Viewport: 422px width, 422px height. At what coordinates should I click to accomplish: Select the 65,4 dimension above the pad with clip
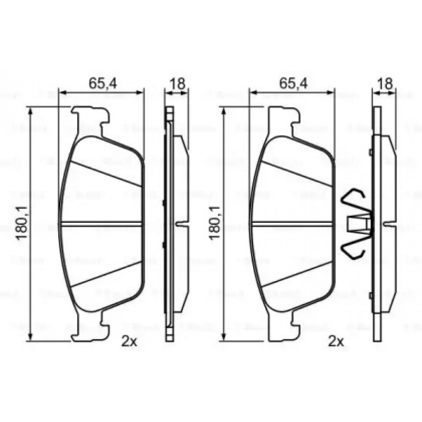[293, 82]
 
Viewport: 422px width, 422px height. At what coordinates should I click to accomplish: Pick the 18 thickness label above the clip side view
[384, 82]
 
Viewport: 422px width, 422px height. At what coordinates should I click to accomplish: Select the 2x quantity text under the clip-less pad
[129, 342]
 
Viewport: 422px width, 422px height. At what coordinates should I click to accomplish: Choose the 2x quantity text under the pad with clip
[336, 342]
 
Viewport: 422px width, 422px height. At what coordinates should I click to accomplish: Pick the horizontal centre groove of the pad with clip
[292, 224]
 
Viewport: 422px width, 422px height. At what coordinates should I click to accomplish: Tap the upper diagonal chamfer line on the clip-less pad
[105, 173]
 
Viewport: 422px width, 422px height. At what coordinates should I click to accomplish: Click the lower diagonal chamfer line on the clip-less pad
[105, 274]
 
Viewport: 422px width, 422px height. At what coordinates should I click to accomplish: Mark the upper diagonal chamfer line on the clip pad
[297, 173]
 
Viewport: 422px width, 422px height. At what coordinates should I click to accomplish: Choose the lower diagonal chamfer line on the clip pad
[297, 274]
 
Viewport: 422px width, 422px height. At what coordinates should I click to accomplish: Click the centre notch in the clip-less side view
[181, 224]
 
